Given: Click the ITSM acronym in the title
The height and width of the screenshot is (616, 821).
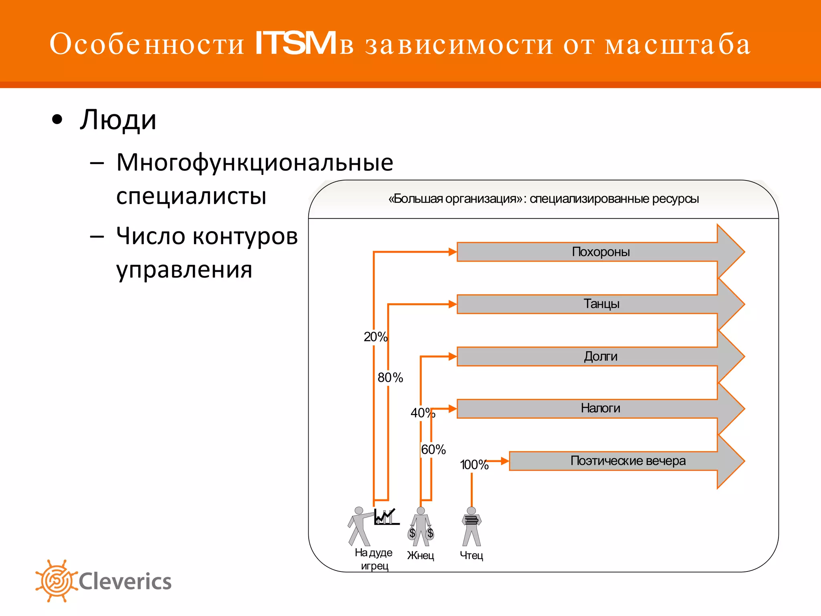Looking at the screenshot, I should pos(295,43).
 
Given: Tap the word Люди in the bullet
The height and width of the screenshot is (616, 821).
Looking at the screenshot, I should pos(118,120).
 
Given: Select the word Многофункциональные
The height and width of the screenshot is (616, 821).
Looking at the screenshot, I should pos(255,162).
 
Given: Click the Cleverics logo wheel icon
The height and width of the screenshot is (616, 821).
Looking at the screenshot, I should pos(56,581).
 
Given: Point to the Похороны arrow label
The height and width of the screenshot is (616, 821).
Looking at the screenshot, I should pos(601,252).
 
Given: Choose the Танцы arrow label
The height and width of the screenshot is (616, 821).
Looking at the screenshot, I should pos(601,304).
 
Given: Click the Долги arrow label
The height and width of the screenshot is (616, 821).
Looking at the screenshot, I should pos(601,356).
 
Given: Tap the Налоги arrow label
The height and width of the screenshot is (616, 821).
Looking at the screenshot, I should pos(601,408).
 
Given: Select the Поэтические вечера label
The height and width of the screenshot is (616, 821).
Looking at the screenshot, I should pos(628,461).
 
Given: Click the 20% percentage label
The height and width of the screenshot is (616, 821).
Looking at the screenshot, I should pos(376,337).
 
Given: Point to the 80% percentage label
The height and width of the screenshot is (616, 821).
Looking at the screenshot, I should pos(390,377).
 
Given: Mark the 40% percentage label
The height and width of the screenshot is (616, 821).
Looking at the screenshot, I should pos(423,413).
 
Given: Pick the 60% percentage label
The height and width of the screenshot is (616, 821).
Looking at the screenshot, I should pos(433,450).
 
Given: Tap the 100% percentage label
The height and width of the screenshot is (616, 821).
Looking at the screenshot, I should pos(474,465).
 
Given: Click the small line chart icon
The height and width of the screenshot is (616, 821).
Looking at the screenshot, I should pos(386,517).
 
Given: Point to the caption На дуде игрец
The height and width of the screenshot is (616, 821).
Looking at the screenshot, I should pos(374,559).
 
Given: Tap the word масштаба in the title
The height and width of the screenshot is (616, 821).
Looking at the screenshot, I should pos(677,44).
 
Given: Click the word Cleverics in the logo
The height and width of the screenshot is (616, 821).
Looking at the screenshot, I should pos(125,582).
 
